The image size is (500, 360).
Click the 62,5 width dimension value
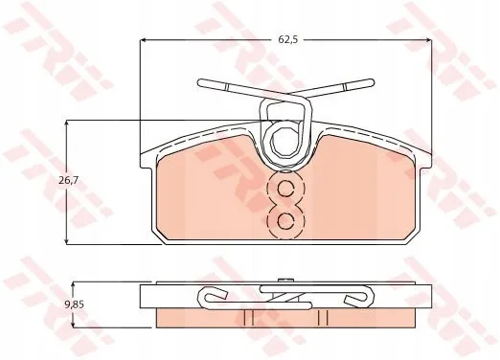pyautogui.click(x=288, y=39)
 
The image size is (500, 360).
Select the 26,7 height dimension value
pyautogui.click(x=68, y=181)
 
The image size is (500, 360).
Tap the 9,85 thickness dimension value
pyautogui.click(x=74, y=304)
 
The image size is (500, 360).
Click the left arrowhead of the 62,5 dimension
pyautogui.click(x=143, y=40)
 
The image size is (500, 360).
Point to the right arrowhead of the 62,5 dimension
pyautogui.click(x=429, y=40)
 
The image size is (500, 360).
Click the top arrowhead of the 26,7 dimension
pyautogui.click(x=67, y=124)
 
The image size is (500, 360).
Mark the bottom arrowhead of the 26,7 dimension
pyautogui.click(x=67, y=241)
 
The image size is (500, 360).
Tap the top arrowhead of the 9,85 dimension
pyautogui.click(x=73, y=285)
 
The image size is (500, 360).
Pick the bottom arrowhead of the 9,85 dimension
pyautogui.click(x=73, y=325)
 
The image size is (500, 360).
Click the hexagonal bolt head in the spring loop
pyautogui.click(x=284, y=142)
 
